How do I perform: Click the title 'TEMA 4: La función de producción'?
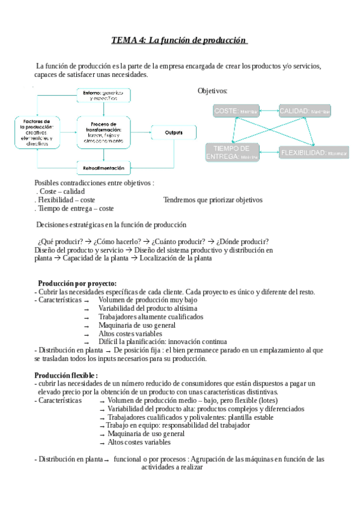pyautogui.click(x=180, y=41)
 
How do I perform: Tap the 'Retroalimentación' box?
pyautogui.click(x=104, y=168)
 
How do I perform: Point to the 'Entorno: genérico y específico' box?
pyautogui.click(x=104, y=95)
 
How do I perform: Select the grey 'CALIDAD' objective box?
pyautogui.click(x=305, y=111)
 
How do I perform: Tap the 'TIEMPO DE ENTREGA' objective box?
pyautogui.click(x=232, y=152)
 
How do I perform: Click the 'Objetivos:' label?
pyautogui.click(x=213, y=91)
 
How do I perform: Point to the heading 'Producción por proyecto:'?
pyautogui.click(x=77, y=284)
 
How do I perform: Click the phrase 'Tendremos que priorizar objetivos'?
pyautogui.click(x=213, y=200)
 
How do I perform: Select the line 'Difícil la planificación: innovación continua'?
pyautogui.click(x=163, y=342)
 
